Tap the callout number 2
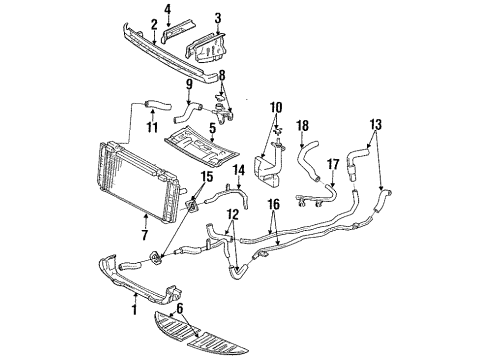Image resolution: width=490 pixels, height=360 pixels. tap(154, 24)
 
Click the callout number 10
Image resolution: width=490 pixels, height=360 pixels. tap(275, 105)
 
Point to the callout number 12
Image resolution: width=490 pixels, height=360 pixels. tap(231, 243)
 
